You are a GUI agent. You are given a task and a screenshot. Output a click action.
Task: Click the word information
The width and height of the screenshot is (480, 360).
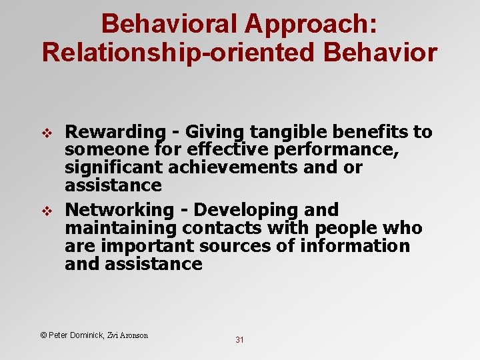[355, 245]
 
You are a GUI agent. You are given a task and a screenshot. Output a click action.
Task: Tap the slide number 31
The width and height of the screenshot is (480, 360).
[239, 340]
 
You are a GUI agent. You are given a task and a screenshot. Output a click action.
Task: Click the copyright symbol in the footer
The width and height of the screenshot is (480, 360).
[43, 335]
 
